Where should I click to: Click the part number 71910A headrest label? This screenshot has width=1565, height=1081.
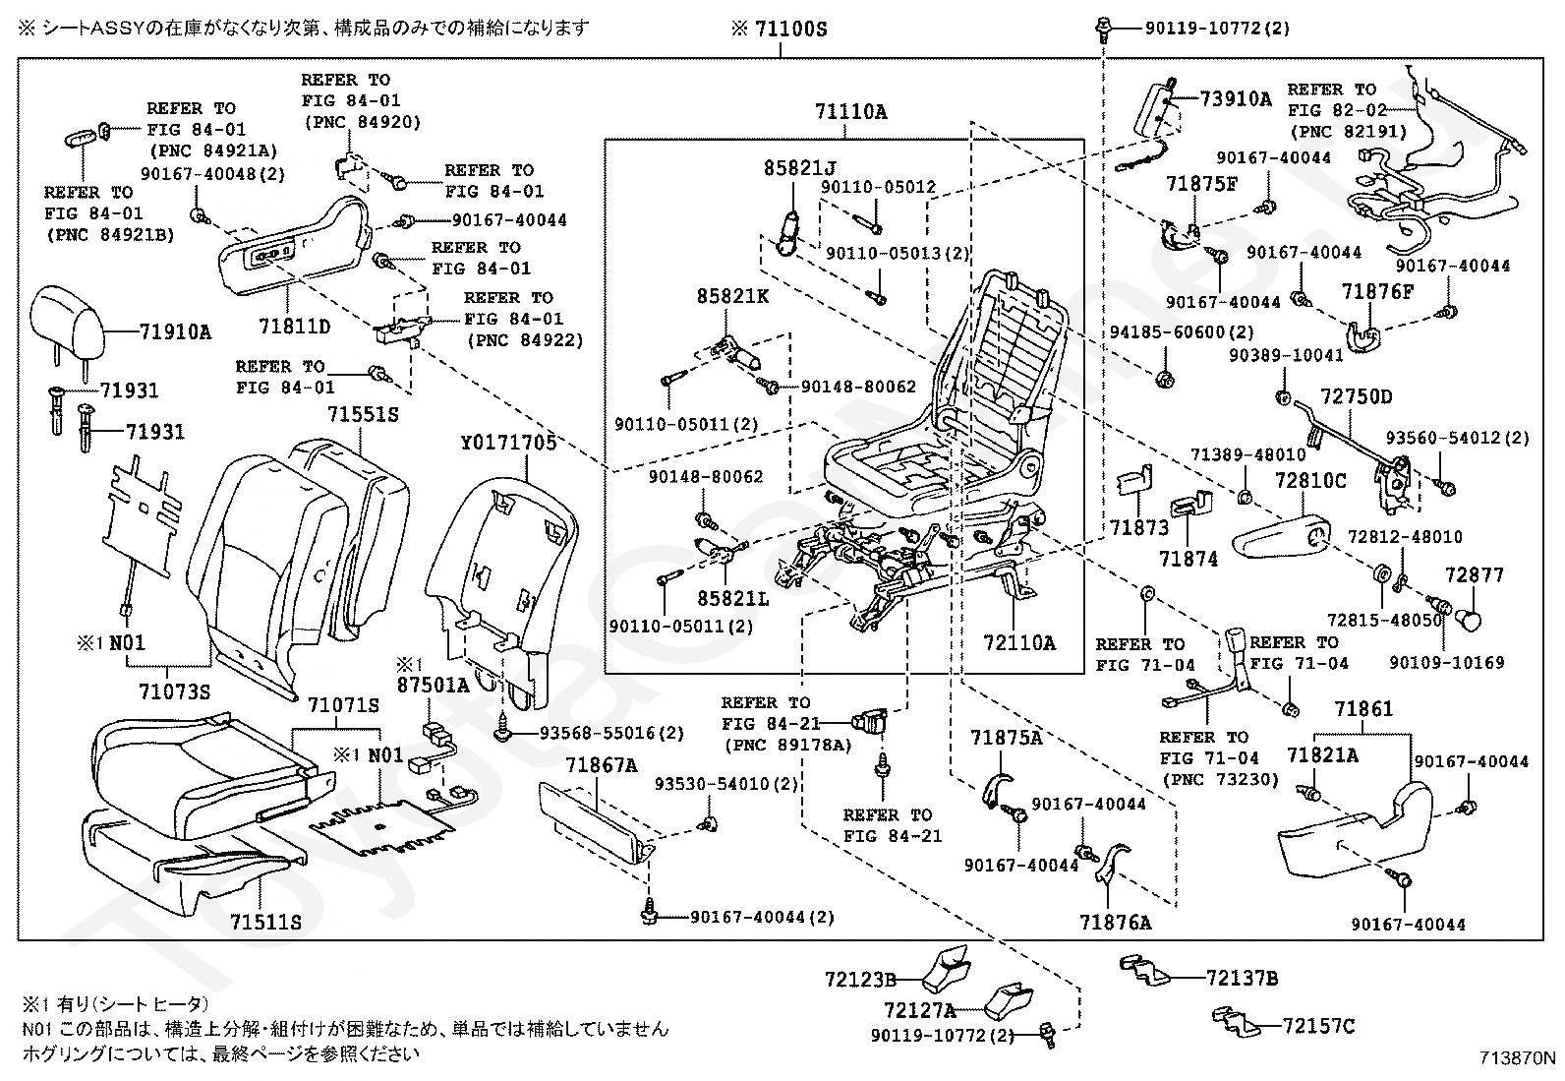pyautogui.click(x=175, y=332)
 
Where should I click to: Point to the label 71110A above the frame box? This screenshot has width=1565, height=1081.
pyautogui.click(x=850, y=113)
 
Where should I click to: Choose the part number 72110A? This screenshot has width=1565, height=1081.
pyautogui.click(x=1018, y=643)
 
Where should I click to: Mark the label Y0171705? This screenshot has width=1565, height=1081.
pyautogui.click(x=507, y=443)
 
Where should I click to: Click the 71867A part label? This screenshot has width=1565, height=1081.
pyautogui.click(x=601, y=765)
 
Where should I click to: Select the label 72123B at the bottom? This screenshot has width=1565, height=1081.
pyautogui.click(x=860, y=980)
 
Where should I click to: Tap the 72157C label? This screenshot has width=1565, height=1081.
pyautogui.click(x=1318, y=1027)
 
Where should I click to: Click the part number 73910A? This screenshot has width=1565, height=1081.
pyautogui.click(x=1236, y=99)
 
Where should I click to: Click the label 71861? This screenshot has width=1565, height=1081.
pyautogui.click(x=1363, y=709)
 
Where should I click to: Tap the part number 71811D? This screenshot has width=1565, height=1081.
pyautogui.click(x=295, y=325)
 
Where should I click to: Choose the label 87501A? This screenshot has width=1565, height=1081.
pyautogui.click(x=433, y=686)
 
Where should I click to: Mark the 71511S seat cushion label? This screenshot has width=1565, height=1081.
pyautogui.click(x=266, y=922)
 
